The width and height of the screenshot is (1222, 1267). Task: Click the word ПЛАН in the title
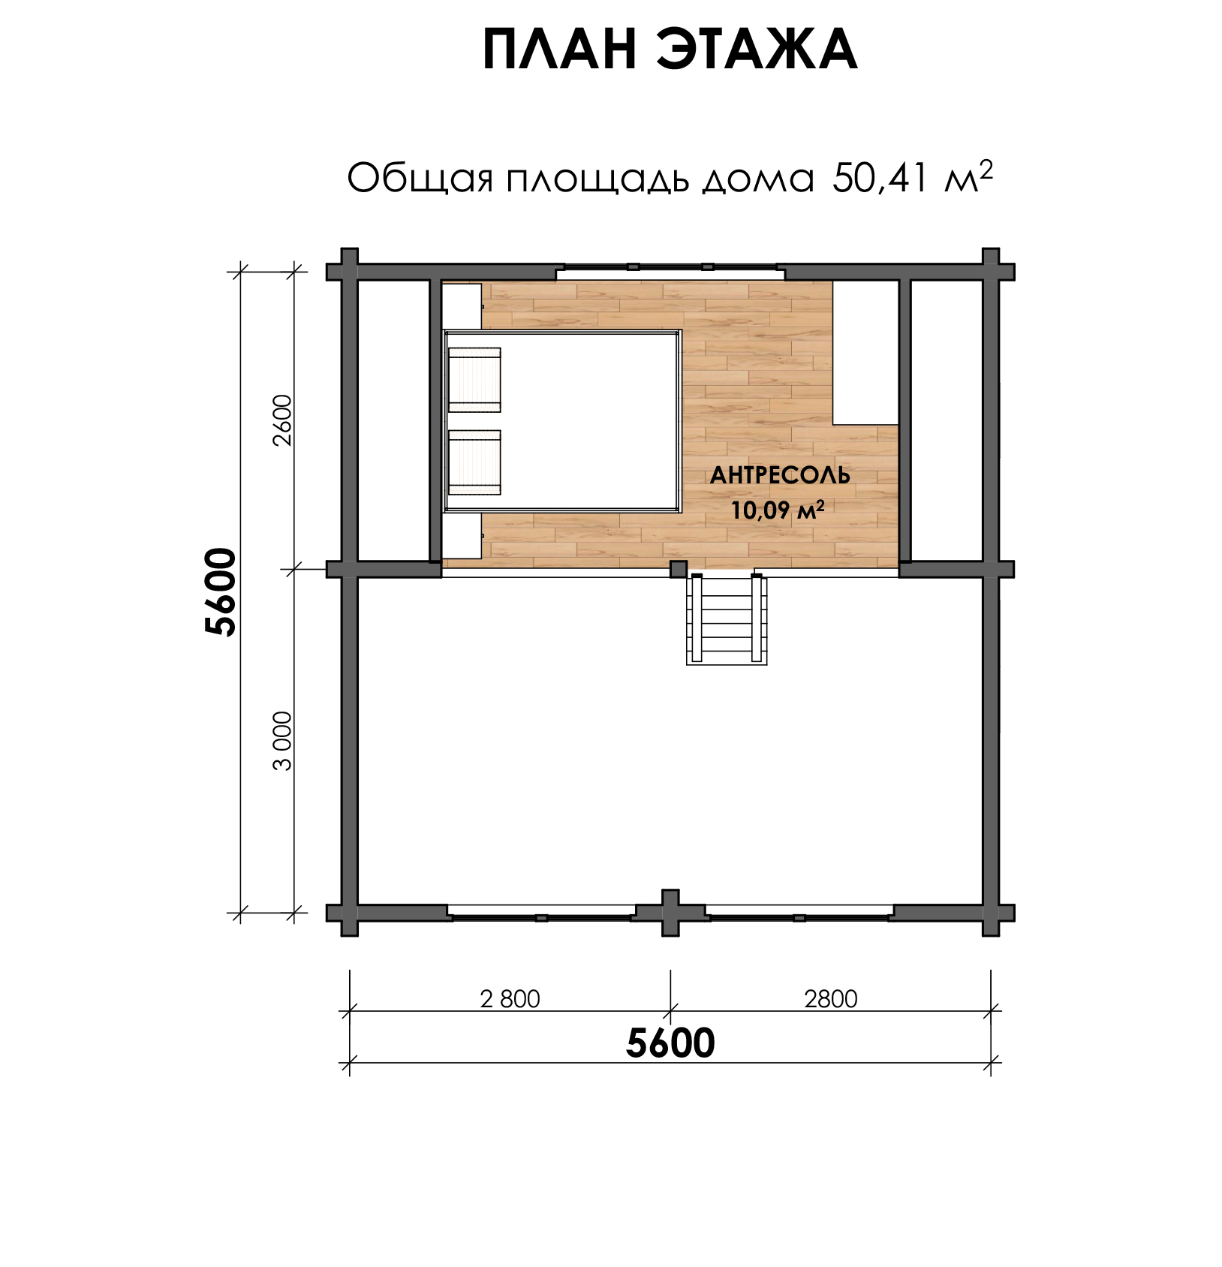pos(560,50)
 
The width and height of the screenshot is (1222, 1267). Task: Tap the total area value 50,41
pos(880,179)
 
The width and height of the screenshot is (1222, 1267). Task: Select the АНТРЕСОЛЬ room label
pos(780,475)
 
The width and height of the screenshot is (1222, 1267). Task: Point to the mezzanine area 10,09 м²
pos(778,510)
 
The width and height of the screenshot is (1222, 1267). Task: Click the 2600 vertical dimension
pos(283,420)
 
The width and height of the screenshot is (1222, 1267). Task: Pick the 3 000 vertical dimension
pos(283,741)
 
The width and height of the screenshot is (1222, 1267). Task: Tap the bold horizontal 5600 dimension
pos(670,1043)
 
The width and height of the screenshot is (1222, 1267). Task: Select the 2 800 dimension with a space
pos(510,999)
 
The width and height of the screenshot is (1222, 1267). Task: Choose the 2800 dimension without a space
pos(830,999)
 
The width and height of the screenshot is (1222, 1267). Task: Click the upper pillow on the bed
pos(474,380)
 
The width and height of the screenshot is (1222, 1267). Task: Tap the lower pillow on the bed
pos(474,463)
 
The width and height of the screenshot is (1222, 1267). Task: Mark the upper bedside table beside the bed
pos(462,306)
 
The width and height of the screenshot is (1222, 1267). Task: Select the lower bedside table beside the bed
pos(462,536)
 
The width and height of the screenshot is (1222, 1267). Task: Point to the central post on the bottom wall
pos(670,913)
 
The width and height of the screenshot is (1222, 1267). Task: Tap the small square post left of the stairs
pos(679,569)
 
